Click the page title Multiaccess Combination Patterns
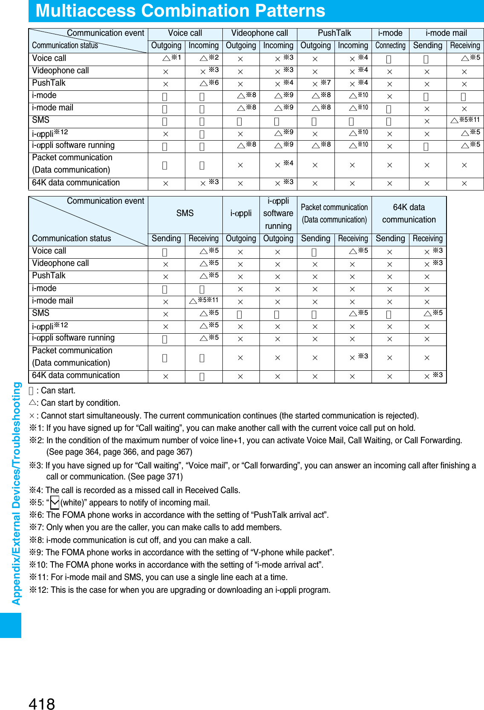tap(180, 11)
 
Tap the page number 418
tap(42, 704)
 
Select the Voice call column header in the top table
tap(185, 33)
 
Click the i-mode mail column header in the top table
tap(446, 33)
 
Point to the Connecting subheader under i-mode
tap(390, 46)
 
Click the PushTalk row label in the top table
tap(49, 83)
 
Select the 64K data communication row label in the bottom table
tap(76, 375)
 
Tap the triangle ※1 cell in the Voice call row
tap(172, 58)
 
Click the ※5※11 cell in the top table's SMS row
tap(465, 120)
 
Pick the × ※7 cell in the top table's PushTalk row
tap(321, 83)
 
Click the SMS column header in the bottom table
tap(185, 213)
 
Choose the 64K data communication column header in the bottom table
tap(409, 213)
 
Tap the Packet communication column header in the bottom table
tap(334, 213)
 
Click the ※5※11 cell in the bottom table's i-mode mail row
tap(204, 300)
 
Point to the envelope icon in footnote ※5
tap(55, 503)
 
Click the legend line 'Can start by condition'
tap(75, 403)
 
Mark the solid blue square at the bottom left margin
tap(11, 625)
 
